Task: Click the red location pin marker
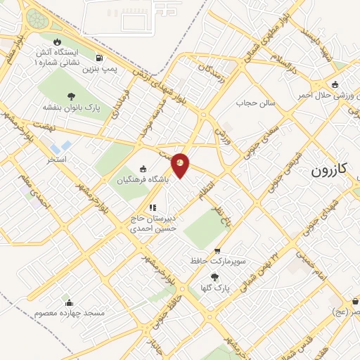click(x=181, y=165)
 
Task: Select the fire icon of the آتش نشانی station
click(x=57, y=41)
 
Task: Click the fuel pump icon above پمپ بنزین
click(x=101, y=58)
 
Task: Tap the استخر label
click(x=56, y=160)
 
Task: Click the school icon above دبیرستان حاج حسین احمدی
click(x=152, y=207)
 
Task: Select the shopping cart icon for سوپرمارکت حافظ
click(x=217, y=250)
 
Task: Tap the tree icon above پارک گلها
click(x=214, y=277)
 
